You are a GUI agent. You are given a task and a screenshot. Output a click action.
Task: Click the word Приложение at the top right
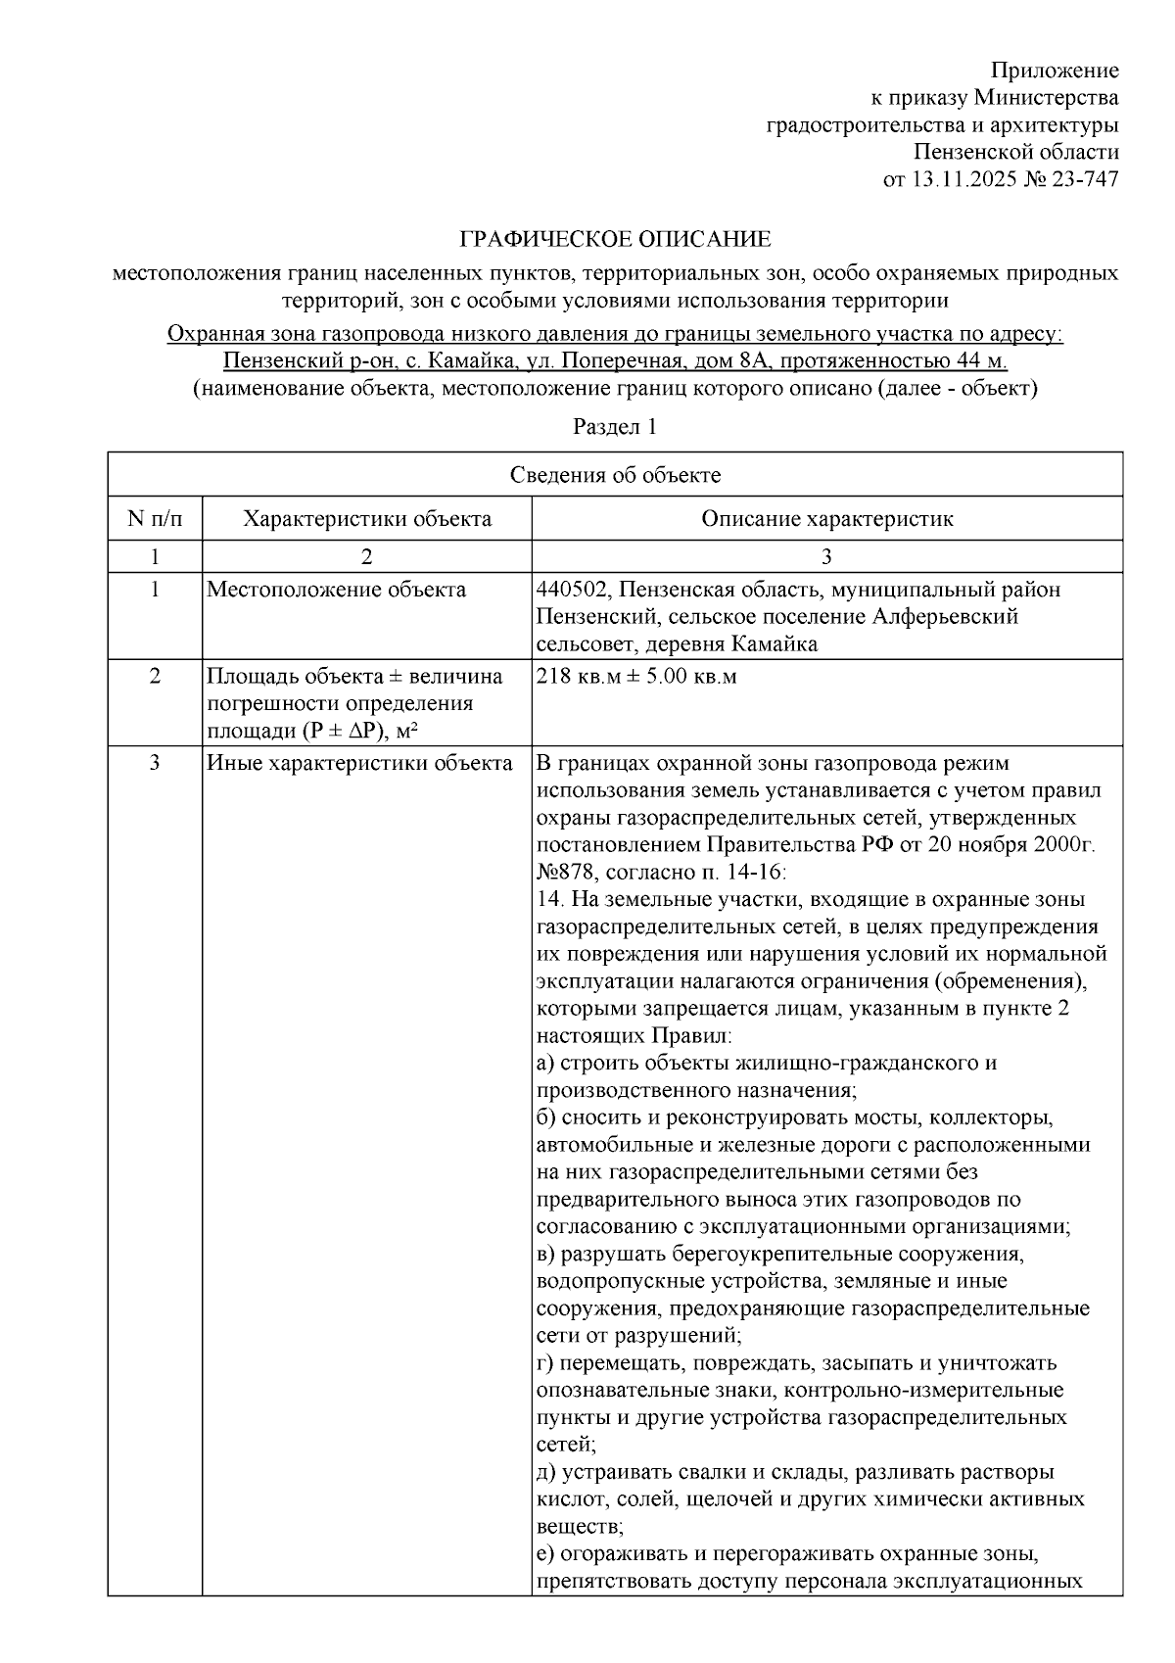pos(1054,71)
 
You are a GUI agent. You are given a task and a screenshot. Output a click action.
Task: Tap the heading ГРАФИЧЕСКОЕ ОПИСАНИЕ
pos(615,240)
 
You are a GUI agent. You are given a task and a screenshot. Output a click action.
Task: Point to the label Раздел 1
pos(614,427)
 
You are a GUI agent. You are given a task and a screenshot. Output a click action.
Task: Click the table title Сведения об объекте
pos(615,475)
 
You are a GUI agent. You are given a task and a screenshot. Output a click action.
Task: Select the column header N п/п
pos(155,518)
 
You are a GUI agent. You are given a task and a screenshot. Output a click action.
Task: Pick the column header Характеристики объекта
pos(367,518)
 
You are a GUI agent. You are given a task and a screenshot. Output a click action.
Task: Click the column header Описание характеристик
pos(826,518)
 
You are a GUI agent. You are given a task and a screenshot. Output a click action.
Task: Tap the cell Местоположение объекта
pos(336,590)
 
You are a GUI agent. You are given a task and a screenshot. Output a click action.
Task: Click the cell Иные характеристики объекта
pos(358,763)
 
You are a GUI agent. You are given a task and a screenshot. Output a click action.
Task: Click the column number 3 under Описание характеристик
pos(826,556)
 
